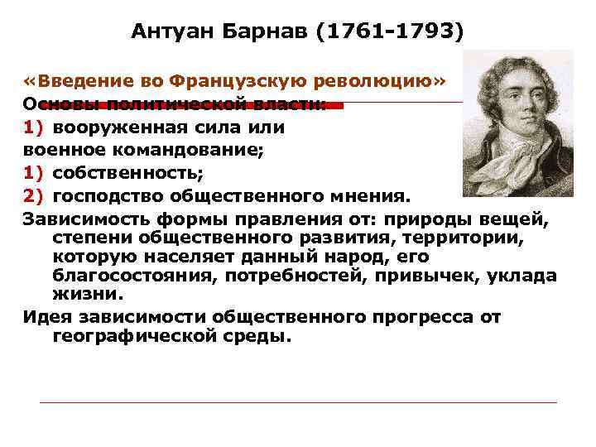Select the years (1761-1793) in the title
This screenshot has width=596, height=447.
point(395,31)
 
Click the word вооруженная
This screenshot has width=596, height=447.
point(110,128)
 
